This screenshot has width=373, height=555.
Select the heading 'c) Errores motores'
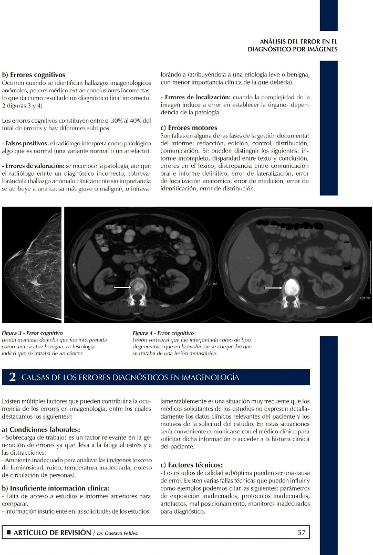(189, 128)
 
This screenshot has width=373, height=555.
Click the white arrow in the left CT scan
(122, 287)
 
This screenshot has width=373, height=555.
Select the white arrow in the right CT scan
(273, 287)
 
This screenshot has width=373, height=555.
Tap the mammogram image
(30, 265)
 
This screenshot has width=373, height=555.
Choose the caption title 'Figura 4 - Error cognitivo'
(163, 333)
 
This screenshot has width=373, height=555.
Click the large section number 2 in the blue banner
(13, 377)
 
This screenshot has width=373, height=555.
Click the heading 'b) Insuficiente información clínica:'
(56, 488)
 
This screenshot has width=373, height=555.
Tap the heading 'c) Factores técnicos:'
(191, 465)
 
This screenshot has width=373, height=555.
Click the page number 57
(301, 532)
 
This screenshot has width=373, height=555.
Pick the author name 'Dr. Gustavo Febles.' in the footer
(120, 533)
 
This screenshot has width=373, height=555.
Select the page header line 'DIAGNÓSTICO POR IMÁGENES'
(292, 49)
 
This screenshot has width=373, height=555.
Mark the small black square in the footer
(8, 532)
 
